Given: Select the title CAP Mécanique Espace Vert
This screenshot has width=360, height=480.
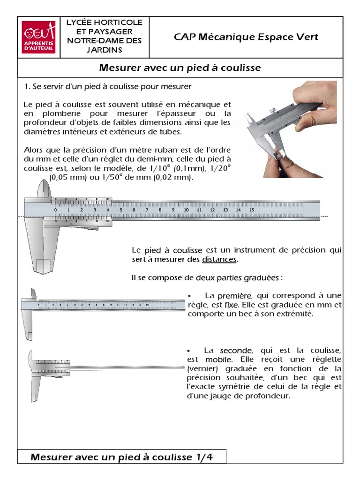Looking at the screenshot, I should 246,37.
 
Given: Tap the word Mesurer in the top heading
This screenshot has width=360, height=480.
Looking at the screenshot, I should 117,68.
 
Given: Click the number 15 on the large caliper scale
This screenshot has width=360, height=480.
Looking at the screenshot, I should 251,210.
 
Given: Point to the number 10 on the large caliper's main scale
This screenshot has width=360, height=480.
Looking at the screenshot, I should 186,210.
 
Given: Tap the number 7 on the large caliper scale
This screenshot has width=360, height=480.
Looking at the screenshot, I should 147,210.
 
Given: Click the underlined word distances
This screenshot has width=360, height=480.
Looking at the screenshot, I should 220,259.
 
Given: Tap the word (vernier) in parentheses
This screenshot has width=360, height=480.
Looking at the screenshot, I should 202,368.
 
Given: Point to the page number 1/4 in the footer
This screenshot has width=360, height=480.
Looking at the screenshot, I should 203,457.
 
